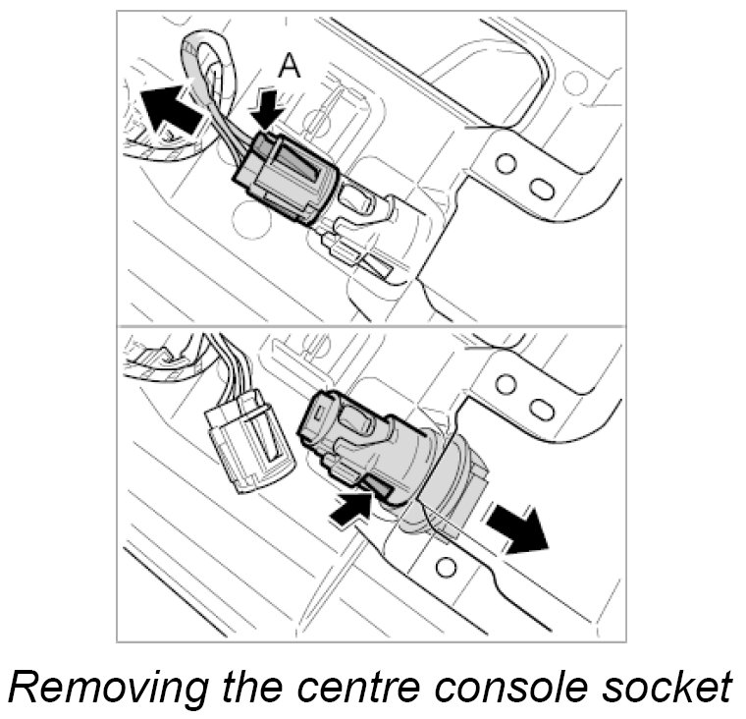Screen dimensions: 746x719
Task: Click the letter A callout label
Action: [289, 65]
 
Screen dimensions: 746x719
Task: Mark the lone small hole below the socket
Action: [447, 566]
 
